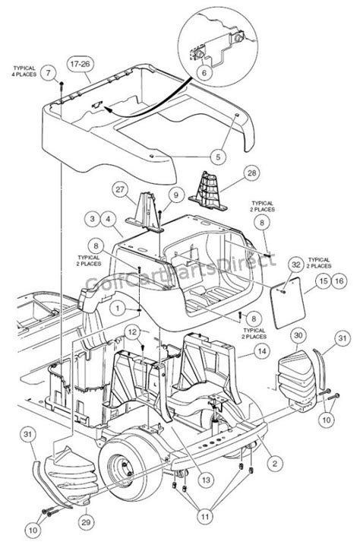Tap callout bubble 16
(339, 281)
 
